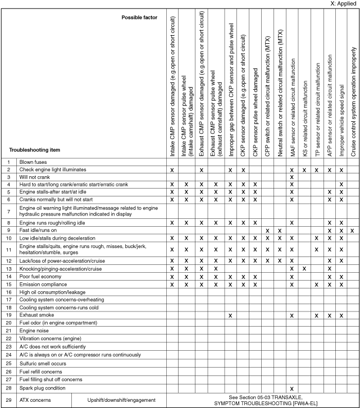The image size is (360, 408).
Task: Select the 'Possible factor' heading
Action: (139, 17)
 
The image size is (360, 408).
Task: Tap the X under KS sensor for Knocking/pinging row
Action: (304, 269)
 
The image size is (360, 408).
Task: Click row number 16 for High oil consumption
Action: (9, 292)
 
